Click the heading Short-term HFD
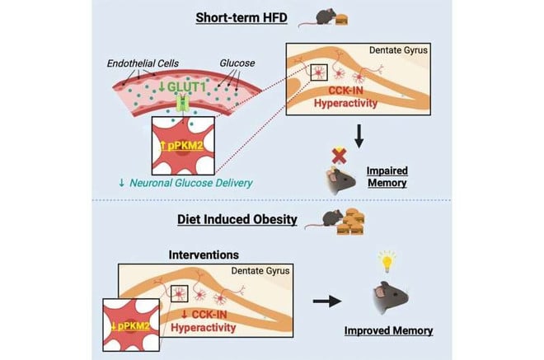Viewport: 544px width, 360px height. pyautogui.click(x=242, y=17)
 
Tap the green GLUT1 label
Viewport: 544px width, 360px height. pyautogui.click(x=182, y=86)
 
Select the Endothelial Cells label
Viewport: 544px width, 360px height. pyautogui.click(x=143, y=63)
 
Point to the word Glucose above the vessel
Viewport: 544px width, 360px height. pyautogui.click(x=237, y=63)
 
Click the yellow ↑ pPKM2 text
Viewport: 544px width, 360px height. pyautogui.click(x=182, y=146)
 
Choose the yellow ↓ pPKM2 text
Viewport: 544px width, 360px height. pyautogui.click(x=131, y=326)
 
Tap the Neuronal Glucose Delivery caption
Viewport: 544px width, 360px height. pyautogui.click(x=185, y=183)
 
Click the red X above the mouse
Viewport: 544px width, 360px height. pyautogui.click(x=339, y=156)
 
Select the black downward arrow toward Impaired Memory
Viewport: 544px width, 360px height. pyautogui.click(x=359, y=136)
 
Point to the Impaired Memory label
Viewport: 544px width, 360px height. pyautogui.click(x=387, y=177)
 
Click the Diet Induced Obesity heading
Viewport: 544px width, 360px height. pyautogui.click(x=237, y=219)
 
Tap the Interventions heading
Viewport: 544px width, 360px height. pyautogui.click(x=204, y=255)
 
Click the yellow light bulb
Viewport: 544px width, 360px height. pyautogui.click(x=387, y=262)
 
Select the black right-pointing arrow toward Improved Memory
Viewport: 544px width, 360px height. pyautogui.click(x=327, y=301)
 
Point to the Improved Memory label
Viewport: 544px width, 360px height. pyautogui.click(x=388, y=330)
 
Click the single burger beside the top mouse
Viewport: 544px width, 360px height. pyautogui.click(x=341, y=20)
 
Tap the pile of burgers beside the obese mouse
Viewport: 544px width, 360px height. pyautogui.click(x=351, y=222)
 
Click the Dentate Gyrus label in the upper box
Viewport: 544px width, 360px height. pyautogui.click(x=398, y=50)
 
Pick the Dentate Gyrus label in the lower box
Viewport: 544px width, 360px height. pyautogui.click(x=260, y=270)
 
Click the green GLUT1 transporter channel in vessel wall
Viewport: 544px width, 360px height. pyautogui.click(x=183, y=103)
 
